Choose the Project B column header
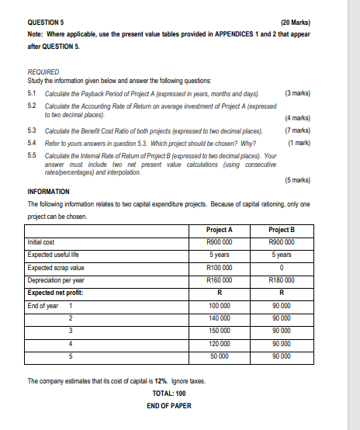click(281, 230)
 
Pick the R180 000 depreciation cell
click(281, 279)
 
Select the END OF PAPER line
click(169, 406)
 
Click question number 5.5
click(32, 154)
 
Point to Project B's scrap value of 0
click(281, 267)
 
